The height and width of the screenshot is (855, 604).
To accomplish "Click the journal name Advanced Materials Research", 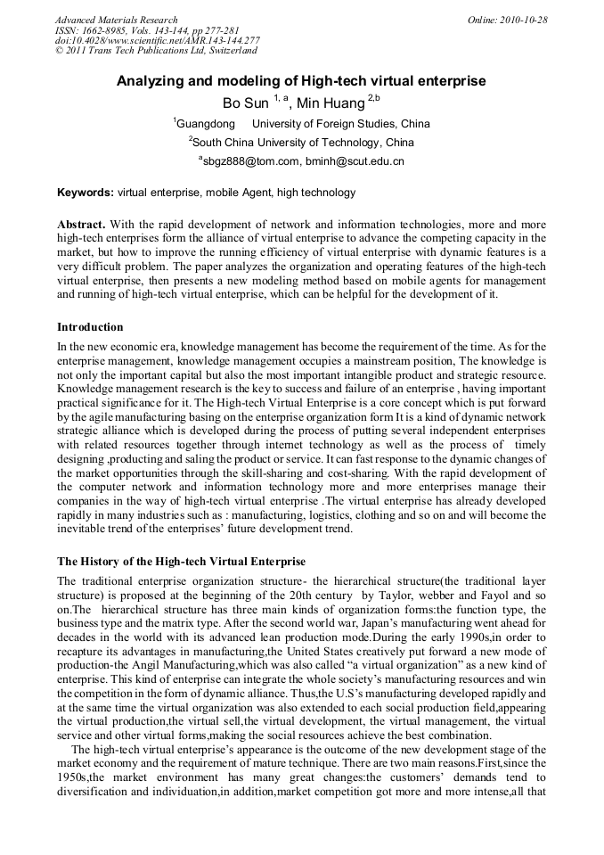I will click(116, 20).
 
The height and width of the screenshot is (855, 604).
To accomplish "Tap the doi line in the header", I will click(157, 41).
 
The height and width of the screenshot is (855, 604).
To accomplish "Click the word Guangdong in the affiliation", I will click(206, 124).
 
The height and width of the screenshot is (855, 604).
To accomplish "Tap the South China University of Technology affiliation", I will click(303, 142).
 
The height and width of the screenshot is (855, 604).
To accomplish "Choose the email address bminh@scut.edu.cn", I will click(355, 161).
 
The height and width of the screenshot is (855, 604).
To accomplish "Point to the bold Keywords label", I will click(85, 193).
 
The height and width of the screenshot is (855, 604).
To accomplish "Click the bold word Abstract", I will click(81, 225).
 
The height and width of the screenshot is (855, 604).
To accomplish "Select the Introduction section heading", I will click(90, 327).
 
